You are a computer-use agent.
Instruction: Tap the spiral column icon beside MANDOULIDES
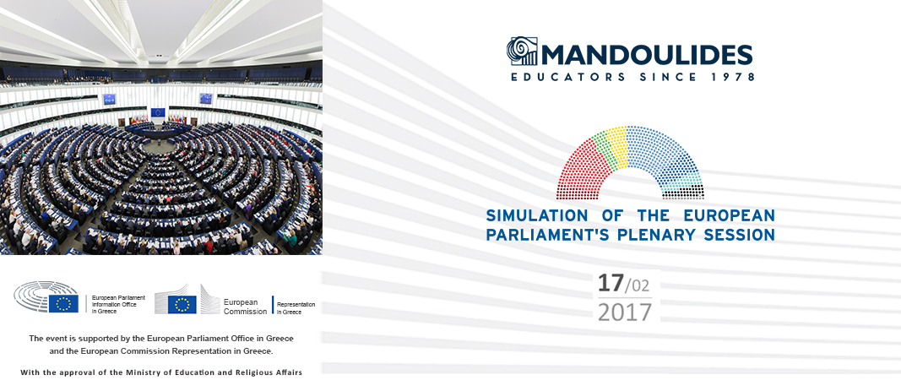click(522, 52)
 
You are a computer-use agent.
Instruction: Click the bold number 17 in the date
click(611, 283)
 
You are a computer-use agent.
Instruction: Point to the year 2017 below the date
click(625, 312)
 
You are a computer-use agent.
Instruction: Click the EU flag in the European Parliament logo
click(63, 303)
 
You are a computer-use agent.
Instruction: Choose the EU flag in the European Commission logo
click(182, 304)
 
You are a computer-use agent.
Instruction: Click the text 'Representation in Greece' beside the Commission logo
click(296, 307)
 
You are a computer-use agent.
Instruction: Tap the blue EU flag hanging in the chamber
click(157, 112)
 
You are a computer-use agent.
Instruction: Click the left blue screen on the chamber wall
click(109, 99)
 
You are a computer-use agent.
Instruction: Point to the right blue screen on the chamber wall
click(206, 98)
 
